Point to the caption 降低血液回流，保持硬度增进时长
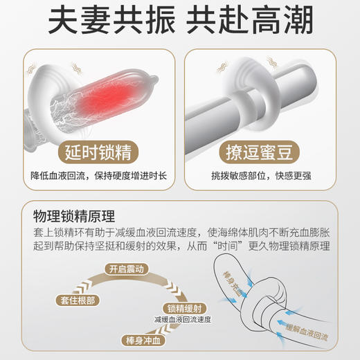pyautogui.click(x=96, y=177)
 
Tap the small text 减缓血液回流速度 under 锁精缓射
pyautogui.click(x=183, y=320)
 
